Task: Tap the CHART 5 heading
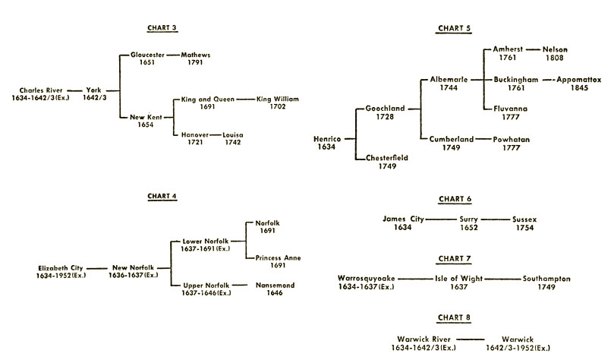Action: pyautogui.click(x=454, y=29)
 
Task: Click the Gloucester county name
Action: pyautogui.click(x=147, y=55)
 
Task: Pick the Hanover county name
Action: pyautogui.click(x=194, y=134)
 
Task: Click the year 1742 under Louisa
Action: pyautogui.click(x=233, y=143)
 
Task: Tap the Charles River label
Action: pyautogui.click(x=42, y=90)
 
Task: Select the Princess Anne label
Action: pyautogui.click(x=278, y=258)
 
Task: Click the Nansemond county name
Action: pyautogui.click(x=274, y=285)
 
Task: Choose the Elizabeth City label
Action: pyautogui.click(x=61, y=268)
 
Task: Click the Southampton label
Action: pyautogui.click(x=546, y=279)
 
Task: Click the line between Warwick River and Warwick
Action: pyautogui.click(x=471, y=339)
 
